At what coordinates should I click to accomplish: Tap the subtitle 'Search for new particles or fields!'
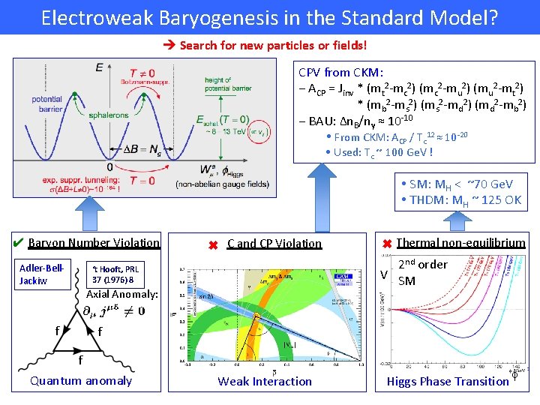[273, 46]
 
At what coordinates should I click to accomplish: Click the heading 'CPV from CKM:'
[341, 73]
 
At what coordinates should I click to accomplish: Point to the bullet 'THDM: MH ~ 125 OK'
[460, 199]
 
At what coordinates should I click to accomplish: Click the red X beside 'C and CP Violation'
[212, 244]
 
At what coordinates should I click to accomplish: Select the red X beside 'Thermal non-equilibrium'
[387, 242]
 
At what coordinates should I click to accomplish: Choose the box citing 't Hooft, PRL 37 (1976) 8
[115, 274]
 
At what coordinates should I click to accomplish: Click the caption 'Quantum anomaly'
[80, 381]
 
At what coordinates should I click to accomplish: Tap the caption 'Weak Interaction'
[265, 382]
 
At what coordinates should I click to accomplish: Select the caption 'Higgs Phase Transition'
[447, 382]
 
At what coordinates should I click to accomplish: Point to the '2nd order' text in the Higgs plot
[422, 264]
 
